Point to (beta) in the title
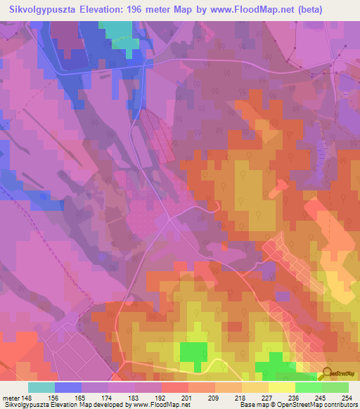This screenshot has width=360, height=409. click(x=335, y=8)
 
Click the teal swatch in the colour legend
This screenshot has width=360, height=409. click(x=41, y=387)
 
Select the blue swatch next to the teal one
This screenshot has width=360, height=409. click(x=68, y=387)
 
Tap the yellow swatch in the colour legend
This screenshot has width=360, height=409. click(x=282, y=387)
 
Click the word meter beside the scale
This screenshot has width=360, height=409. click(x=12, y=397)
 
